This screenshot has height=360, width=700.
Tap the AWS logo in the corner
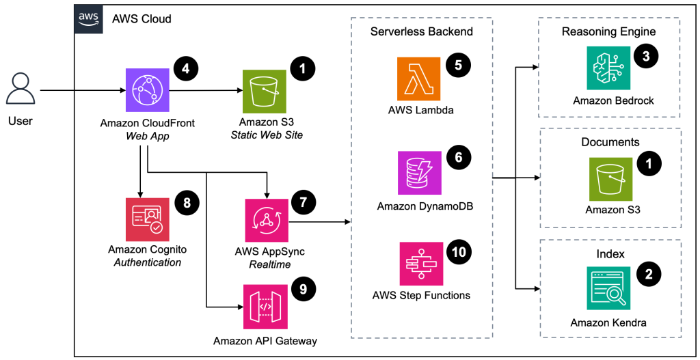[87, 18]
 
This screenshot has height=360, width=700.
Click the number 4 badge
[185, 68]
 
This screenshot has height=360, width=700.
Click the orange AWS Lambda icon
[420, 79]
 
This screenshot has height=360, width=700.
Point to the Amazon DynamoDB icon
[420, 173]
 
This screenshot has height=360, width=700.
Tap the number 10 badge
[459, 251]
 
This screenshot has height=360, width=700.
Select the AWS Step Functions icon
[420, 262]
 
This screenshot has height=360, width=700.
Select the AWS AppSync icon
[267, 220]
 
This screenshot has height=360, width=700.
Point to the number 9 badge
[303, 289]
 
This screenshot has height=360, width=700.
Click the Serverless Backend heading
[421, 31]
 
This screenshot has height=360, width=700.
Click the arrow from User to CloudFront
[82, 89]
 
